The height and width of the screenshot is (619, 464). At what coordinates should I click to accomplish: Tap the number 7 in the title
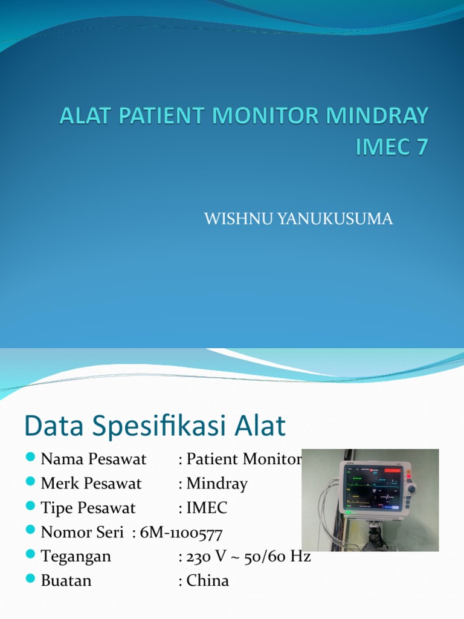pos(420,147)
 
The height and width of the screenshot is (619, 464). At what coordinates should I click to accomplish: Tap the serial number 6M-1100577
pos(181,533)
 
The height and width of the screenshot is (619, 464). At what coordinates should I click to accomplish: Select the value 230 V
pos(207,556)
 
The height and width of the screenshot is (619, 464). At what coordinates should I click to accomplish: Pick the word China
pos(208,580)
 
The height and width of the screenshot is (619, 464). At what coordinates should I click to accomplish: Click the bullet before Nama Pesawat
pos(32,459)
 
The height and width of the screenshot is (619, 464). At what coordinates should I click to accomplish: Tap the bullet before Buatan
pos(32,580)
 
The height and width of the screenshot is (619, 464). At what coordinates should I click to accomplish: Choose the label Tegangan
pos(76,557)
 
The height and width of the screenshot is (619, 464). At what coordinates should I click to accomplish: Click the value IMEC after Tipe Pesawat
pos(207,508)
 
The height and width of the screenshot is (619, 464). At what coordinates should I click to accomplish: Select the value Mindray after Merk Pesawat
pos(217,484)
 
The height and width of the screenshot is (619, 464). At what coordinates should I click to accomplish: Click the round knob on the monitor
pos(413,488)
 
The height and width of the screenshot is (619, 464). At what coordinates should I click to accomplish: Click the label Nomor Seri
pos(83,533)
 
